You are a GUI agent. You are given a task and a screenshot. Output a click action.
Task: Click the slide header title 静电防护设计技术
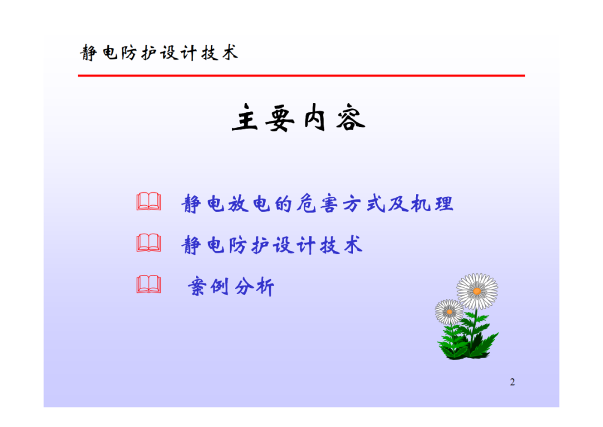[x=159, y=53]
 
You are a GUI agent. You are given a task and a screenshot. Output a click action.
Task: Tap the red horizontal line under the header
[x=301, y=76]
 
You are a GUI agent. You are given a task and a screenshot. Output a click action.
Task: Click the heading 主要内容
[x=299, y=118]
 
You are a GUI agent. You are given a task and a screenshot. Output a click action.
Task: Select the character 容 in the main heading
[x=350, y=118]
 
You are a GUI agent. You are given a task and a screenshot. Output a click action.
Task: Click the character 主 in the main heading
[x=245, y=118]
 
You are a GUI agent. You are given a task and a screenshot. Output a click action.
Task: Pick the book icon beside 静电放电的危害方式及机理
[x=149, y=201]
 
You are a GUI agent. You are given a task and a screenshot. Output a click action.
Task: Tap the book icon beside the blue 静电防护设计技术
[x=149, y=243]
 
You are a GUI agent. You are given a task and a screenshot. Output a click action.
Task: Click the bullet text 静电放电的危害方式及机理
[x=317, y=203]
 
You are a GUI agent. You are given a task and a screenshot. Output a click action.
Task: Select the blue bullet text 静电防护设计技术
[x=272, y=245]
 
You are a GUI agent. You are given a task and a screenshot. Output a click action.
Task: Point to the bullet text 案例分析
[x=231, y=287]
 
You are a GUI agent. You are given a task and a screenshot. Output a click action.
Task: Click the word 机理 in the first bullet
[x=432, y=203]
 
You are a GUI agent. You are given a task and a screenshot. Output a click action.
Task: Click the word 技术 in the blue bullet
[x=341, y=245]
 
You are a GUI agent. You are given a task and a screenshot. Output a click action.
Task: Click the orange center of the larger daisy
[x=477, y=291]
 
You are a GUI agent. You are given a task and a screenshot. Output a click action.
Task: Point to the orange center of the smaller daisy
[x=449, y=311]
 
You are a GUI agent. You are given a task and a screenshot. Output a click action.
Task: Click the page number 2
[x=512, y=382]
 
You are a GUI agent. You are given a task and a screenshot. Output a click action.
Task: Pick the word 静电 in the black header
[x=99, y=53]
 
